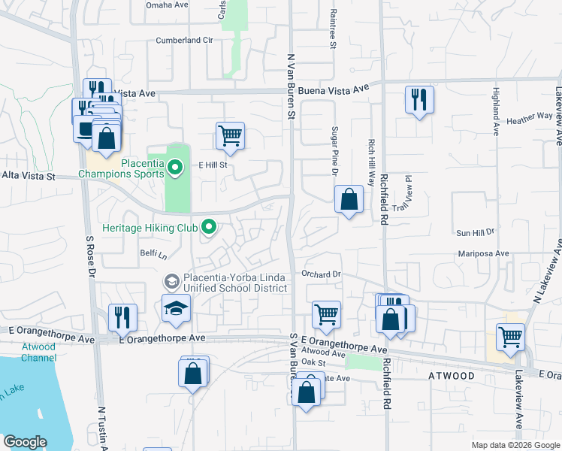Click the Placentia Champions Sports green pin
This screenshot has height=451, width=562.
(174, 167)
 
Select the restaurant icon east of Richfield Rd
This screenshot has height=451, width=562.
(418, 100)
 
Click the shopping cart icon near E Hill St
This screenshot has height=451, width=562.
(230, 136)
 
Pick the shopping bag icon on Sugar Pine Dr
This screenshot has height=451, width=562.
(349, 200)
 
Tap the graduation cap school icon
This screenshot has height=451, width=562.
(177, 309)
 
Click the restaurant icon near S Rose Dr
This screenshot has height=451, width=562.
(122, 317)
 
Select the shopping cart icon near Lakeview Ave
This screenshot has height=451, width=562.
(510, 337)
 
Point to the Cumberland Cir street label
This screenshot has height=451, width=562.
(185, 40)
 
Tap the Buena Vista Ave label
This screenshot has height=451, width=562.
(334, 89)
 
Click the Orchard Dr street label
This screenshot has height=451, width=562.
(322, 274)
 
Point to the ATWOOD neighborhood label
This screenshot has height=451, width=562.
(452, 375)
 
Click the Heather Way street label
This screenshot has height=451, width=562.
(529, 119)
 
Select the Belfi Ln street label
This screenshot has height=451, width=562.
(153, 255)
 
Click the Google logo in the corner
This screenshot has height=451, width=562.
(25, 442)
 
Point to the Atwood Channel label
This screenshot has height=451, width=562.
(38, 353)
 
